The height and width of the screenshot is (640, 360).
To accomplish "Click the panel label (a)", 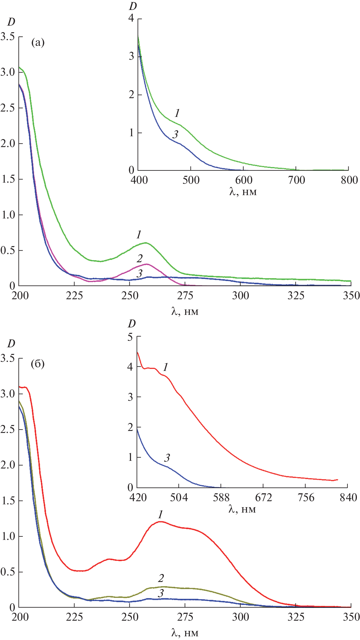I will (38, 43).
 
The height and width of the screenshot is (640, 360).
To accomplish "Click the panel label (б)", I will (38, 364).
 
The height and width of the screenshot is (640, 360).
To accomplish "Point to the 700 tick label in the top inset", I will (296, 180).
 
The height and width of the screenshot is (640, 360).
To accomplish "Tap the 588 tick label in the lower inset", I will (221, 497).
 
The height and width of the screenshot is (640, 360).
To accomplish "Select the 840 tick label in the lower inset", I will (348, 497).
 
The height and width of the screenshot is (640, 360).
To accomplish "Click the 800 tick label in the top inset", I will (349, 180).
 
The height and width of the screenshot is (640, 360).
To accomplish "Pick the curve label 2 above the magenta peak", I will (139, 259).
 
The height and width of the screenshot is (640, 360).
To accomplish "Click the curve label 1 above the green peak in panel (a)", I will (139, 235).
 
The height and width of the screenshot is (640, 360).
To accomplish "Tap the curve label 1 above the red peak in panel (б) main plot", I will (160, 515).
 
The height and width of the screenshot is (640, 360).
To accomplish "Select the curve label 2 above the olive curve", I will (161, 578).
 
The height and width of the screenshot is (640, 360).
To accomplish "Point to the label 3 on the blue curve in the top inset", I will (175, 135).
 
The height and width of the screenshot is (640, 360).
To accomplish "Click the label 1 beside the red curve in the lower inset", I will (165, 368).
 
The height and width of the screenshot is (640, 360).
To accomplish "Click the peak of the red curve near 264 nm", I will (160, 522).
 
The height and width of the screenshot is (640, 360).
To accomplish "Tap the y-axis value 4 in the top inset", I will (131, 18).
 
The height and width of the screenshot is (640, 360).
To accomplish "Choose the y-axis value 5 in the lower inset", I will (130, 337).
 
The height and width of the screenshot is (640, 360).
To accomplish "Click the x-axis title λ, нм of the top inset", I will (243, 192).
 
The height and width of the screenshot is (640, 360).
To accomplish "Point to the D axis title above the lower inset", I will (132, 324).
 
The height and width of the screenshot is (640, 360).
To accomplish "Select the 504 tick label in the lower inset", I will (179, 497).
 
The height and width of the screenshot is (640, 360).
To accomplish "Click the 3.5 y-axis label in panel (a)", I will (8, 37).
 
